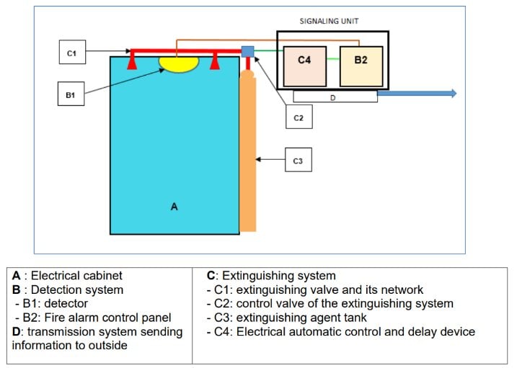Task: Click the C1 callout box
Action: (71, 53)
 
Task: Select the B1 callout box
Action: (71, 94)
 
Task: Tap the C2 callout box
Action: (298, 117)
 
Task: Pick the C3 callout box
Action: (298, 160)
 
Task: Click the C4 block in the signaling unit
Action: (304, 60)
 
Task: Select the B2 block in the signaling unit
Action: (361, 60)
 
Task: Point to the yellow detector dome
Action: (179, 63)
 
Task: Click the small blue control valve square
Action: (247, 51)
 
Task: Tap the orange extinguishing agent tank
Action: (247, 155)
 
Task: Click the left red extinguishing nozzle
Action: (131, 62)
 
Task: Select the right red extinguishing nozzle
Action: (214, 62)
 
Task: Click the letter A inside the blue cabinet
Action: (174, 207)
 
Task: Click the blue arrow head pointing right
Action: (452, 93)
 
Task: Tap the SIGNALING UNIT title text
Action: (329, 22)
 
